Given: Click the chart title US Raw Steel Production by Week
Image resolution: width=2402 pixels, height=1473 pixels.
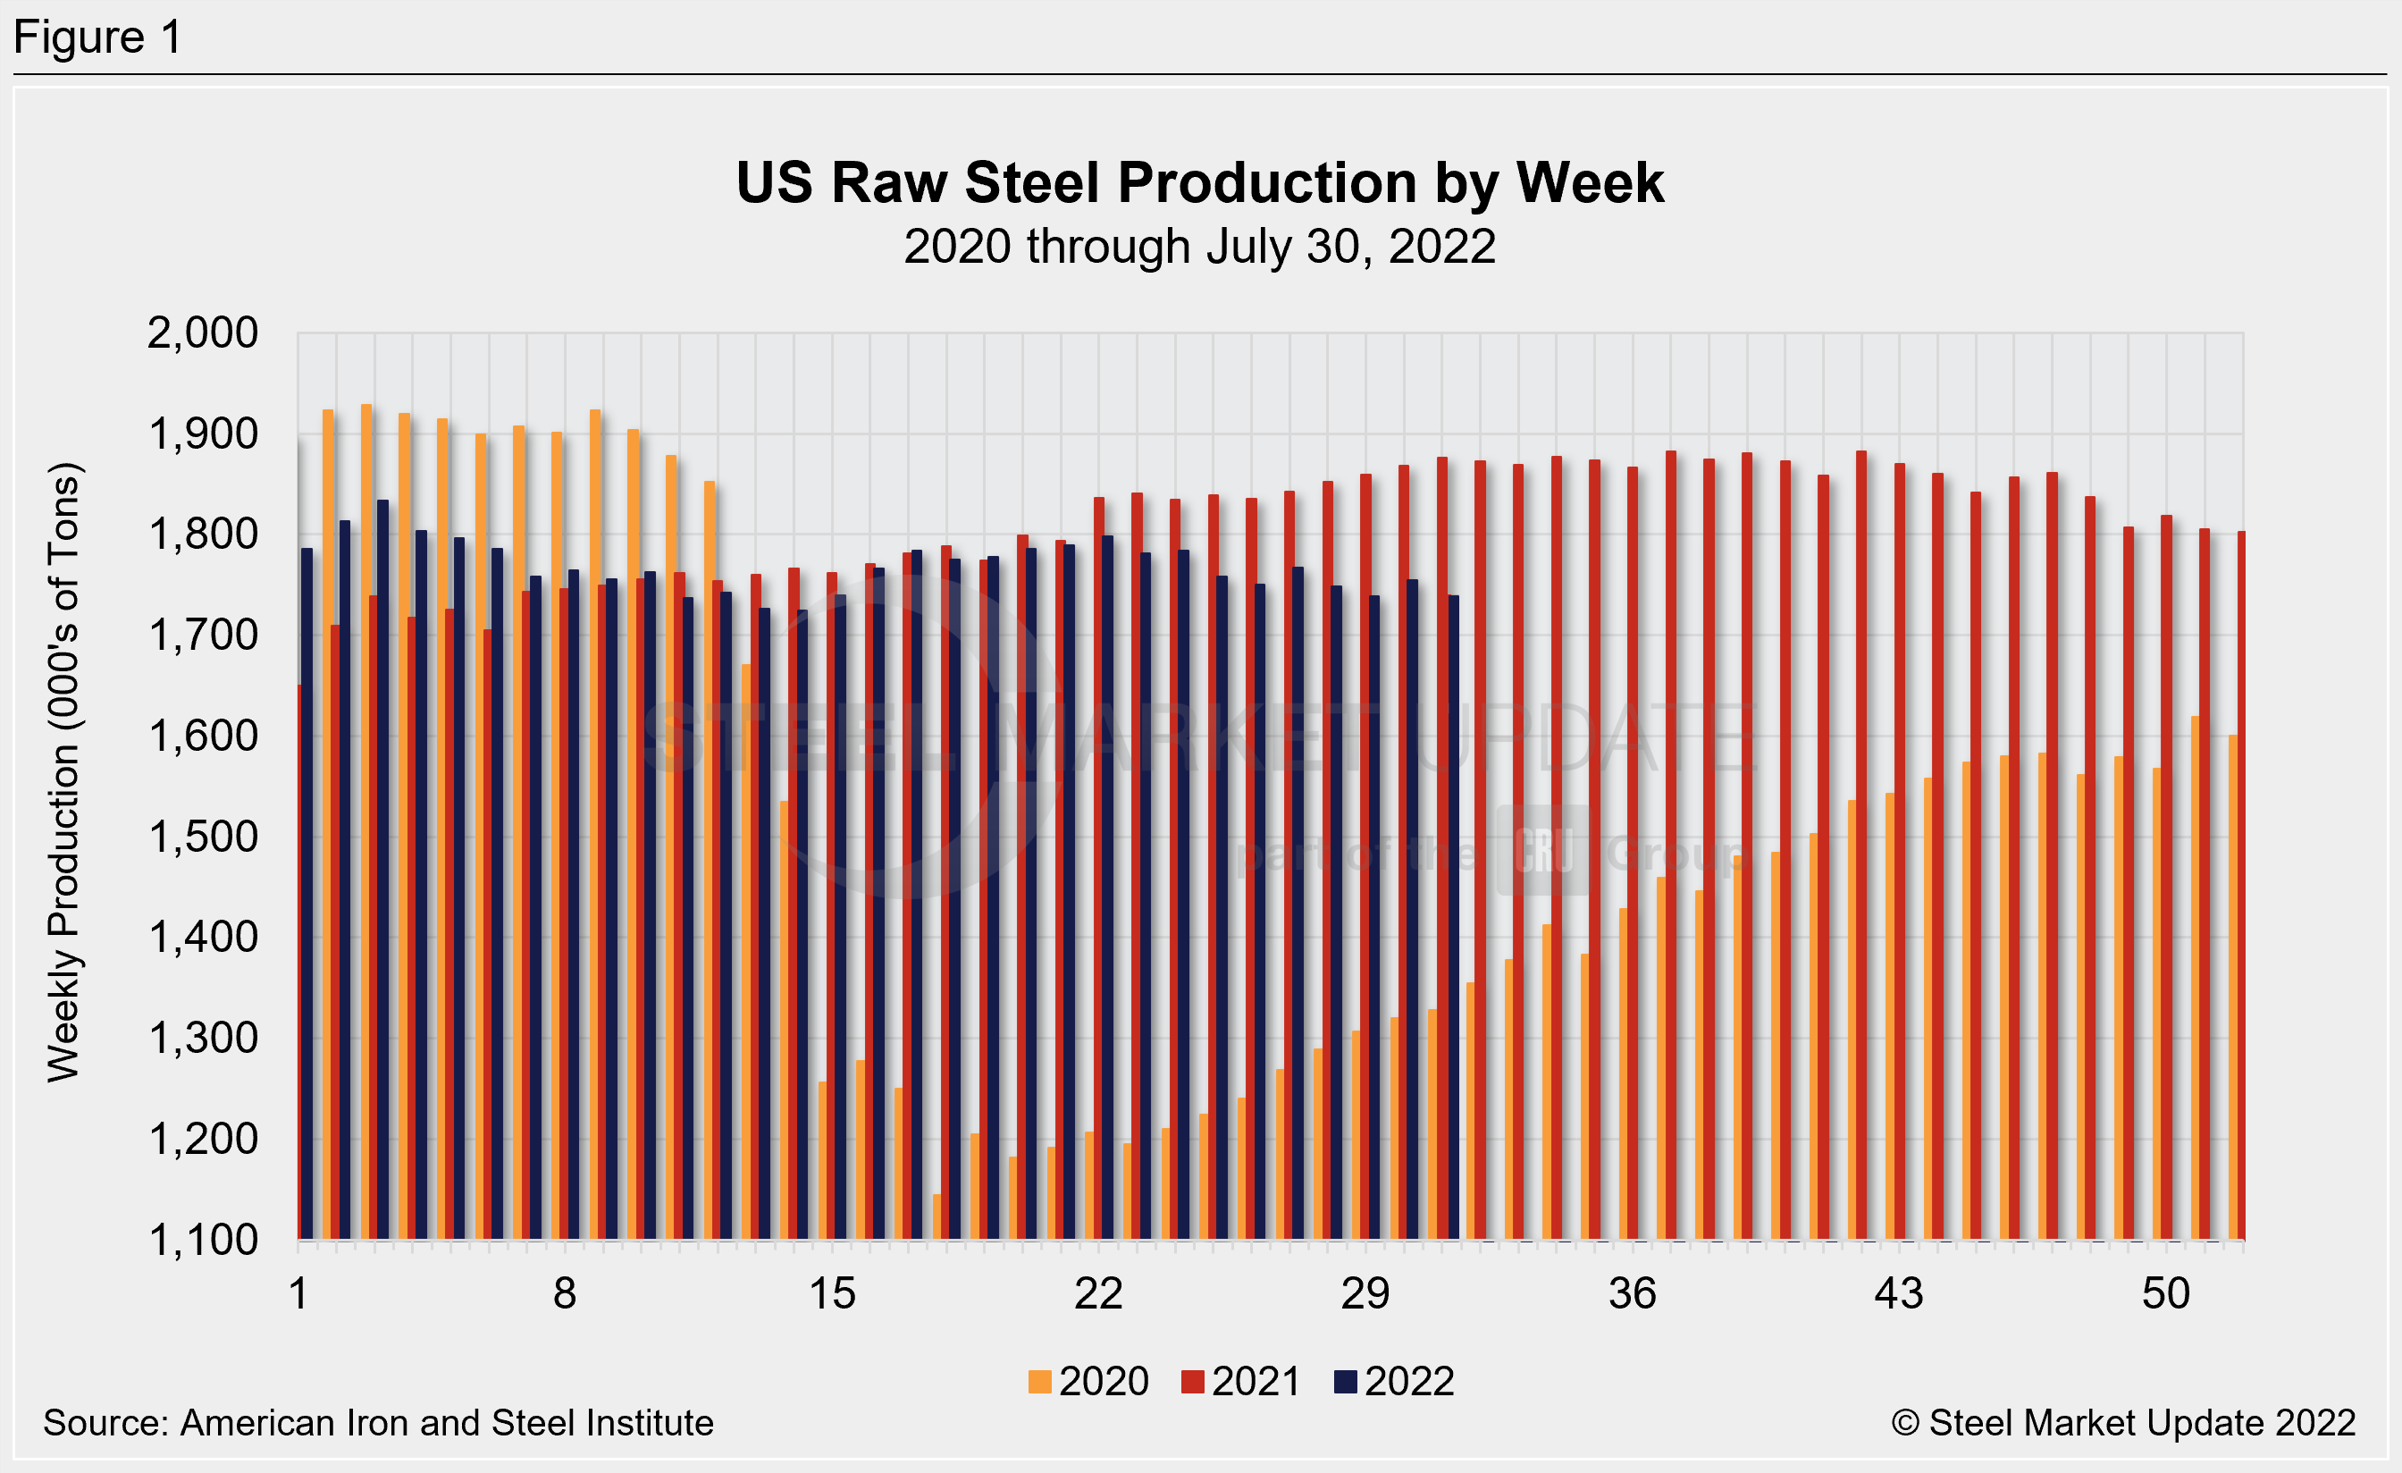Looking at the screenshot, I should click(1199, 183).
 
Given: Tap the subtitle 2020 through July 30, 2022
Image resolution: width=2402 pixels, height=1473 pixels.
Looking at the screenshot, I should click(1199, 247).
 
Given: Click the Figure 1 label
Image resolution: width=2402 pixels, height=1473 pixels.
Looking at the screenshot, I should click(97, 38).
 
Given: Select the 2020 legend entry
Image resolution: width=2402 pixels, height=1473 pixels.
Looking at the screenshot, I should click(1089, 1381).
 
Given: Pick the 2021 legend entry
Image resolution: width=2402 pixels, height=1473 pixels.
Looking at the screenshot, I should click(1241, 1381).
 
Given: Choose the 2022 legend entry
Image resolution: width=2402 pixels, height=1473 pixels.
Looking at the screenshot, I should click(1394, 1381).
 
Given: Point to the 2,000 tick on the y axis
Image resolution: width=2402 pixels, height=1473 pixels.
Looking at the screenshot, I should click(202, 333).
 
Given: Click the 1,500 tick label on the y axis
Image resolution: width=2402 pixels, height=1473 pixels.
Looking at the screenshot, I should click(202, 838).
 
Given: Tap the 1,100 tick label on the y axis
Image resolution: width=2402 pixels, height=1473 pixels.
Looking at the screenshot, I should click(202, 1241).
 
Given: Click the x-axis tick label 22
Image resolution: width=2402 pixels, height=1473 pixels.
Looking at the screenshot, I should click(1098, 1294).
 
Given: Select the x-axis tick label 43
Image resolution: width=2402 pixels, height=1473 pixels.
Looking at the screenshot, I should click(1899, 1294).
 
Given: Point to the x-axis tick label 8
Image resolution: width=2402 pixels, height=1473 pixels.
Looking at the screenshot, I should click(565, 1294).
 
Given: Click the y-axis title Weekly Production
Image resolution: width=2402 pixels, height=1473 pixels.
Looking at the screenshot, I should click(64, 770).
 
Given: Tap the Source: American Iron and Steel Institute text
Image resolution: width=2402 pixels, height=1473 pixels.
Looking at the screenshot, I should click(378, 1423).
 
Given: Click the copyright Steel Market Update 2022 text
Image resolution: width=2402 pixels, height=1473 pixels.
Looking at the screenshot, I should click(2123, 1423).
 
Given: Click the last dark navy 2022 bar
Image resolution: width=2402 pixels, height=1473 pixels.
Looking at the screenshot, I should click(1454, 916).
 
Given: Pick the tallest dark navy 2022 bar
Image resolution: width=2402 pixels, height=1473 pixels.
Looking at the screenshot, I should click(383, 868).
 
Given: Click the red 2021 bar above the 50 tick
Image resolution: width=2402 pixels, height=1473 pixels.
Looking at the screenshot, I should click(2166, 878).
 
